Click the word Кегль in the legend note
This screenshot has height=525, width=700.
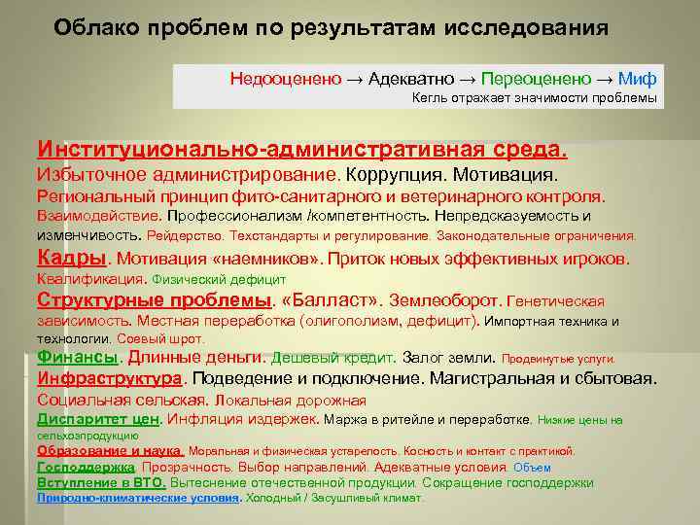(429, 98)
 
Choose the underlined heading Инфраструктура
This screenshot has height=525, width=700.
(110, 377)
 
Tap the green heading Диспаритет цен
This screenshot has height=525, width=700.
(97, 419)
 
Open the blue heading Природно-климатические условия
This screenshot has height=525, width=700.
(138, 497)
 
